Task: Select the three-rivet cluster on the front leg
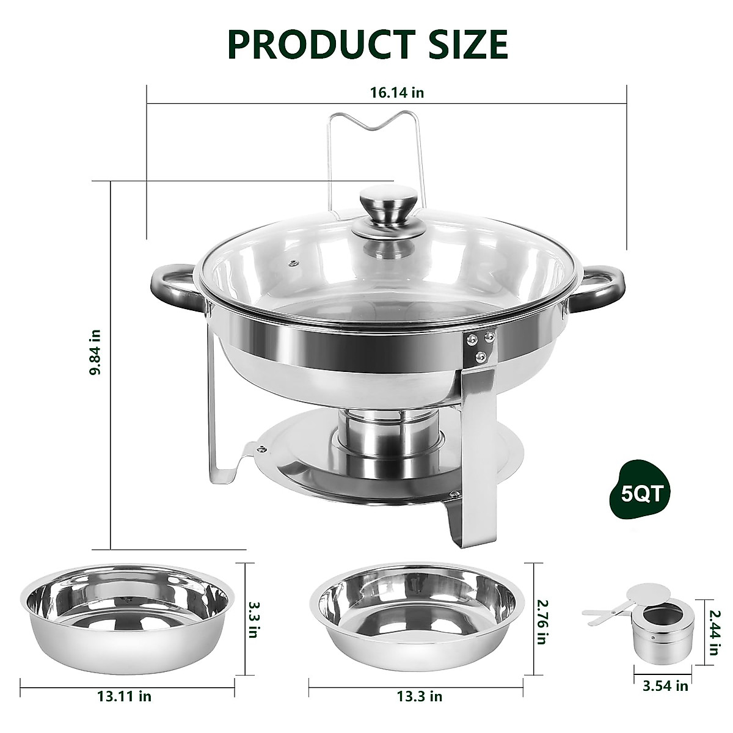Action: [x=480, y=345]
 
